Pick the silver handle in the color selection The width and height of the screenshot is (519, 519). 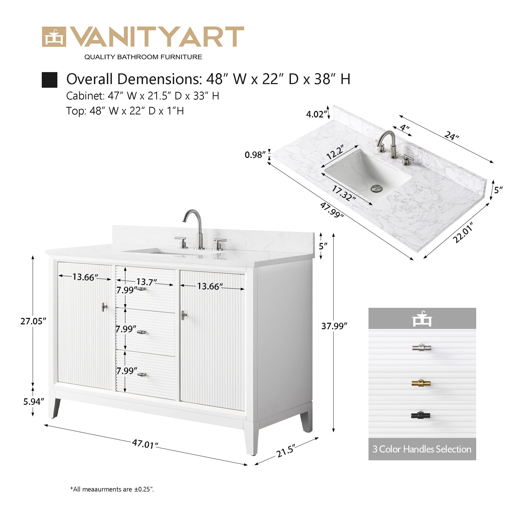click(x=421, y=348)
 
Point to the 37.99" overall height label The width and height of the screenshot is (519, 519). click(x=334, y=326)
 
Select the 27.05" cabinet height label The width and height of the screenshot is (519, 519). click(x=33, y=321)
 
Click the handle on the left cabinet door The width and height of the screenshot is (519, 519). click(x=104, y=307)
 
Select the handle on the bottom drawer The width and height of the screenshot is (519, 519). click(x=142, y=375)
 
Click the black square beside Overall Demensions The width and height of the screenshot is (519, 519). click(x=50, y=80)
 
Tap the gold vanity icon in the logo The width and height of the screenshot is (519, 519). click(x=54, y=37)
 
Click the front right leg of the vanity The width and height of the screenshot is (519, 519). click(x=251, y=438)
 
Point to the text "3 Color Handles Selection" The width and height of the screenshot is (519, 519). click(x=422, y=449)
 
